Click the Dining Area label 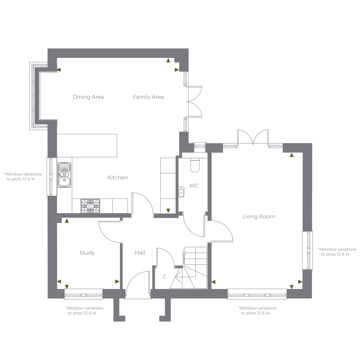pyautogui.click(x=88, y=97)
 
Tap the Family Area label pyautogui.click(x=148, y=97)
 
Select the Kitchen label pyautogui.click(x=118, y=178)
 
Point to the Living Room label pyautogui.click(x=259, y=217)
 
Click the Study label pyautogui.click(x=87, y=253)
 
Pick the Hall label pyautogui.click(x=140, y=253)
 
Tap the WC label pyautogui.click(x=194, y=186)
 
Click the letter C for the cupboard pyautogui.click(x=165, y=277)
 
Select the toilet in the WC pyautogui.click(x=195, y=165)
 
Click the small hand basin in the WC pyautogui.click(x=181, y=192)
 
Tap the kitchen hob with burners pyautogui.click(x=90, y=206)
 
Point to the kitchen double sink pyautogui.click(x=64, y=175)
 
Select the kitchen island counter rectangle pyautogui.click(x=87, y=145)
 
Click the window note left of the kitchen pyautogui.click(x=23, y=176)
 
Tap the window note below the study pyautogui.click(x=84, y=310)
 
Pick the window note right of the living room pyautogui.click(x=337, y=252)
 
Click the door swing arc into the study pyautogui.click(x=110, y=232)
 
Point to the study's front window pyautogui.click(x=83, y=294)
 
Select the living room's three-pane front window pyautogui.click(x=257, y=294)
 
